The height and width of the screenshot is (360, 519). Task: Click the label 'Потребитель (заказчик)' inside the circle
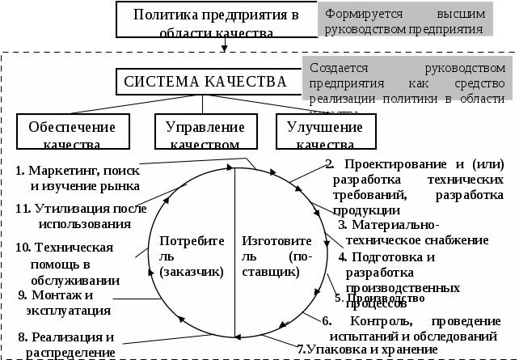pos(191,257)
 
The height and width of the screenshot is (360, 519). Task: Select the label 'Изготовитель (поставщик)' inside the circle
pos(271,257)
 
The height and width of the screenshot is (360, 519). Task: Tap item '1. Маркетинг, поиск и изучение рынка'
pos(78,178)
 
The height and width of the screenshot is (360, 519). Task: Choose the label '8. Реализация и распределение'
pos(66,344)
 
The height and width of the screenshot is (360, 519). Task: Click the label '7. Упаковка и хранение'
pos(366,349)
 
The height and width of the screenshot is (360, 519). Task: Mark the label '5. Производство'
pos(379,297)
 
